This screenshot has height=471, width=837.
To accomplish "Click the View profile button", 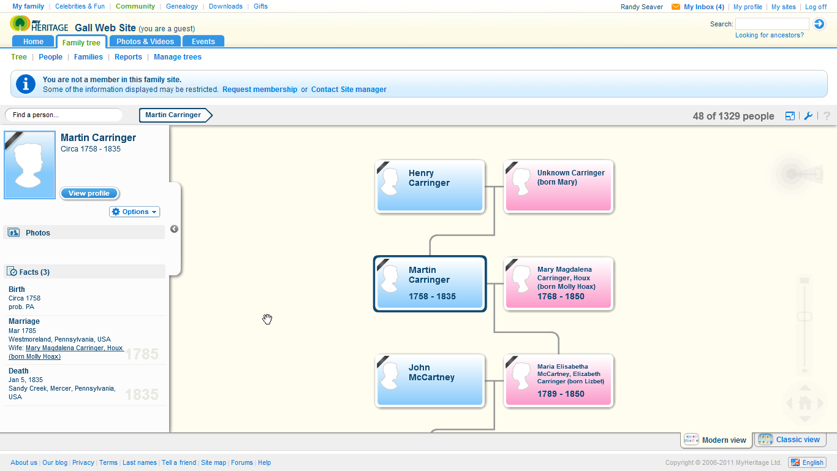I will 89,193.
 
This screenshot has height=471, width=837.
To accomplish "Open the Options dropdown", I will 135,212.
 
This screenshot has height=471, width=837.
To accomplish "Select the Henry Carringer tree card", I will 430,186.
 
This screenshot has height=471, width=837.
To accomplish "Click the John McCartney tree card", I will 430,380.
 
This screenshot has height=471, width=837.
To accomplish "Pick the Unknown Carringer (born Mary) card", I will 558,186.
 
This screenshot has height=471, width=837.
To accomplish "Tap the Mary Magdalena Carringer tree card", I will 558,283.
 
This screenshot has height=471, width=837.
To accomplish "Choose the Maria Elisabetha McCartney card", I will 558,380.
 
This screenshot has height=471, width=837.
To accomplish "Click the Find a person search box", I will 64,115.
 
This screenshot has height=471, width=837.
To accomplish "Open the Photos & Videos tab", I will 145,42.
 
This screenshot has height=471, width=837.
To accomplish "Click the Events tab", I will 203,42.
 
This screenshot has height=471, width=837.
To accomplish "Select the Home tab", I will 34,42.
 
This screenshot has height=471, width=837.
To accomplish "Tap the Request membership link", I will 260,90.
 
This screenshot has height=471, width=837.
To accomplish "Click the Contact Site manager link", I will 349,90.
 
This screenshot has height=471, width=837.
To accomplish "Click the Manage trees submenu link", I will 178,57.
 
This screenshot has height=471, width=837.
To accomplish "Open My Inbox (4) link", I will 703,7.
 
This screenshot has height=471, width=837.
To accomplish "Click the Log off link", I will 816,7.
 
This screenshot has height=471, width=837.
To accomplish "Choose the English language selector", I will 807,462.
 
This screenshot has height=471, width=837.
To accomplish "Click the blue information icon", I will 25,84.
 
